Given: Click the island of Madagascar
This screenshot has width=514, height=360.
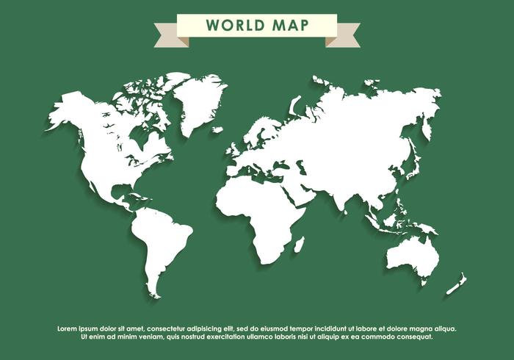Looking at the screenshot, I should [x=299, y=244].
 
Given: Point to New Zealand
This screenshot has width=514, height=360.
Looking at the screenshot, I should [x=456, y=284].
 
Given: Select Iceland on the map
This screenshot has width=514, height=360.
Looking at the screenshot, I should [x=217, y=130].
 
